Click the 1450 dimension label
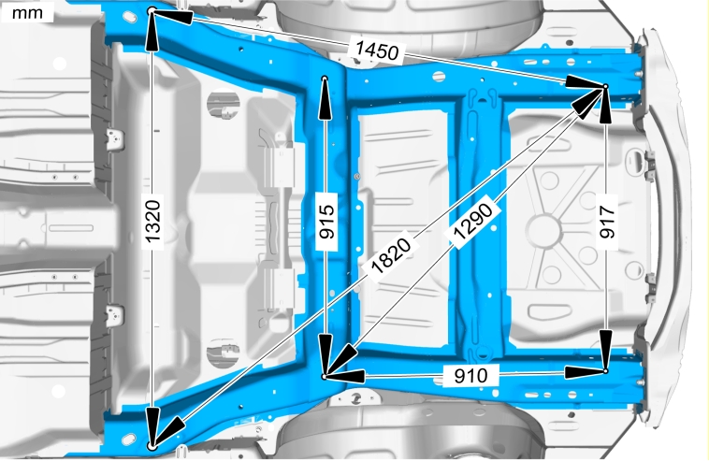[377, 50]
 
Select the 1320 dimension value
[153, 221]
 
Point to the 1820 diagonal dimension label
[390, 255]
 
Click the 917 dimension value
[607, 221]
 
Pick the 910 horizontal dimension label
[470, 376]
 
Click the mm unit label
[27, 13]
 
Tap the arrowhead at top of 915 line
[325, 100]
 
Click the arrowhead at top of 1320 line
[152, 30]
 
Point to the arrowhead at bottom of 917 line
[606, 350]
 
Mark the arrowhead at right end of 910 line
[585, 372]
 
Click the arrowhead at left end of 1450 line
[173, 17]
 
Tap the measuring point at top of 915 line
[325, 79]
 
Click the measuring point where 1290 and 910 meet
[324, 376]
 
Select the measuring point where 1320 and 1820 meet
[152, 446]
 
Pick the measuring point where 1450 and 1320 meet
[152, 9]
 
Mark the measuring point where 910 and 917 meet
[606, 371]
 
